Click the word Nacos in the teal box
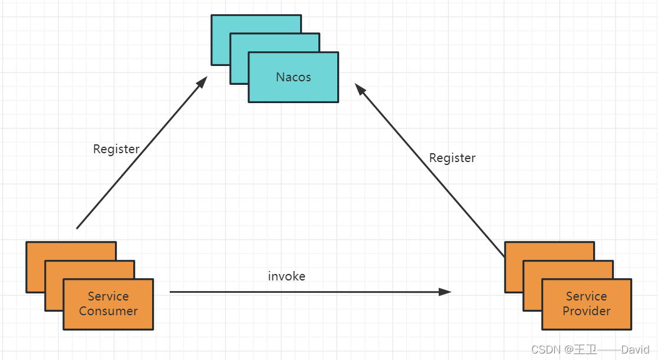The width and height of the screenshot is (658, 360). click(x=293, y=77)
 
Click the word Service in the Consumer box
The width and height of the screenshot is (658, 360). click(x=108, y=296)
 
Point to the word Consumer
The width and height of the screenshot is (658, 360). click(x=108, y=311)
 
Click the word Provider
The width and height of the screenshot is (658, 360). click(x=586, y=311)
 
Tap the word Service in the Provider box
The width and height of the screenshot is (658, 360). click(x=586, y=296)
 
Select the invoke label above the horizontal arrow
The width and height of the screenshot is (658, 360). click(x=287, y=276)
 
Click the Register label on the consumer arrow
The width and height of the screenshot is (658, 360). click(x=116, y=149)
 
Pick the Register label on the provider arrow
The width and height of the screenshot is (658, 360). click(x=452, y=158)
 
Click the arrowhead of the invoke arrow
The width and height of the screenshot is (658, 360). click(x=446, y=292)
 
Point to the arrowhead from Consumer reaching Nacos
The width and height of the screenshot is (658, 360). click(x=202, y=82)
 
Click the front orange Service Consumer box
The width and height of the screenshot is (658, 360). click(x=108, y=318)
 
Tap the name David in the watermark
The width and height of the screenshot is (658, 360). click(x=635, y=349)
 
